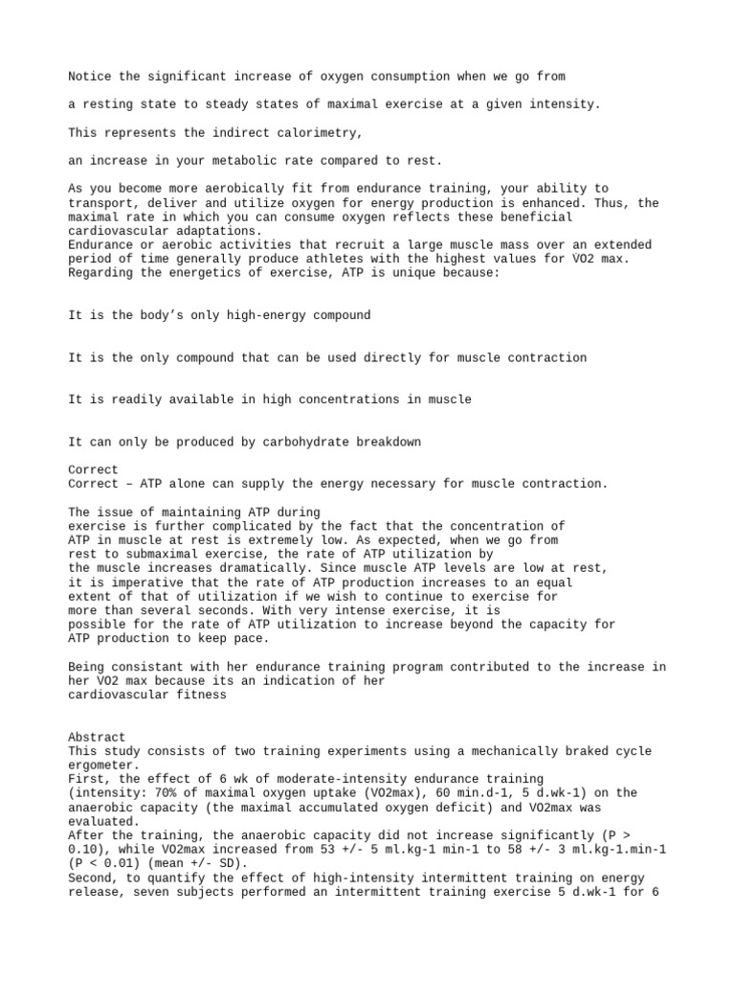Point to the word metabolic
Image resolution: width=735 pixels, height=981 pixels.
point(250,160)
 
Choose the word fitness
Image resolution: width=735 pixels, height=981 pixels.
point(197,695)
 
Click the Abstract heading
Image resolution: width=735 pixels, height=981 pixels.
point(97,737)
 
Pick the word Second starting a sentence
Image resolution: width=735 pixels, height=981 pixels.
point(91,878)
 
